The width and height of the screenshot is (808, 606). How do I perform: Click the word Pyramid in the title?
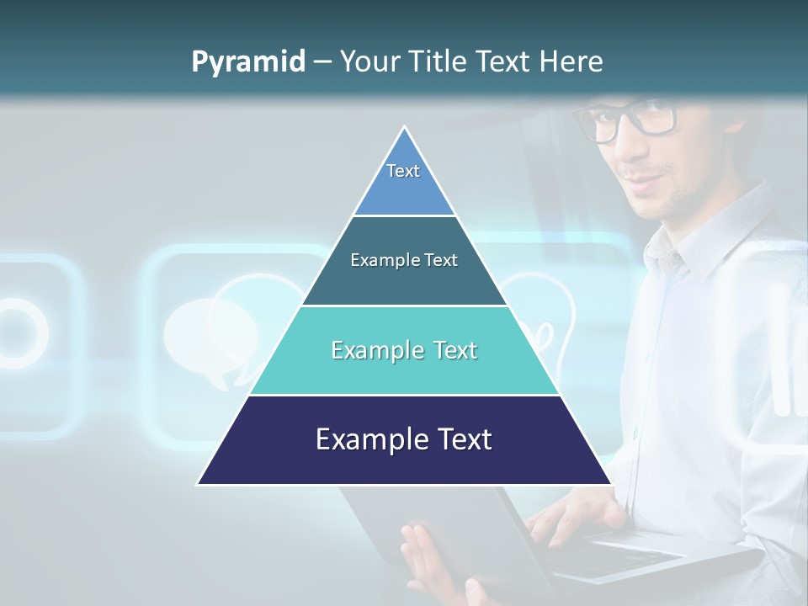[x=247, y=62]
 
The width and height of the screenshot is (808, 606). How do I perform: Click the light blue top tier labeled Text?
[x=404, y=181]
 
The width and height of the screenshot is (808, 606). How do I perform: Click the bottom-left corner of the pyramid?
[x=199, y=483]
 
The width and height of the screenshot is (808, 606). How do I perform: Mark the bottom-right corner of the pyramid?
[x=610, y=483]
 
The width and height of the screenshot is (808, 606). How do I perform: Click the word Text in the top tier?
[x=403, y=171]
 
